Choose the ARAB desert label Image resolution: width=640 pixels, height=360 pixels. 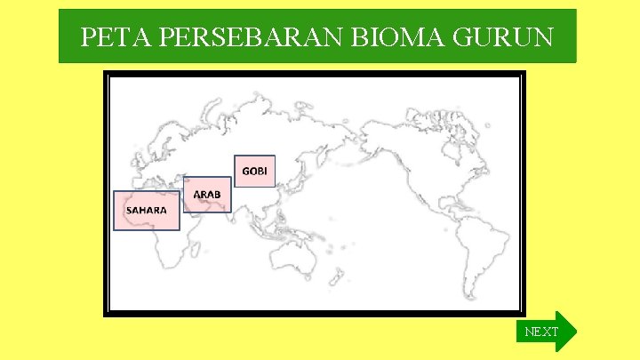pos(208,194)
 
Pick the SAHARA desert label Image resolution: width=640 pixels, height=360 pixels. pos(146,211)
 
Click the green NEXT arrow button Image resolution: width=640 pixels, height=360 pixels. pos(545,332)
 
